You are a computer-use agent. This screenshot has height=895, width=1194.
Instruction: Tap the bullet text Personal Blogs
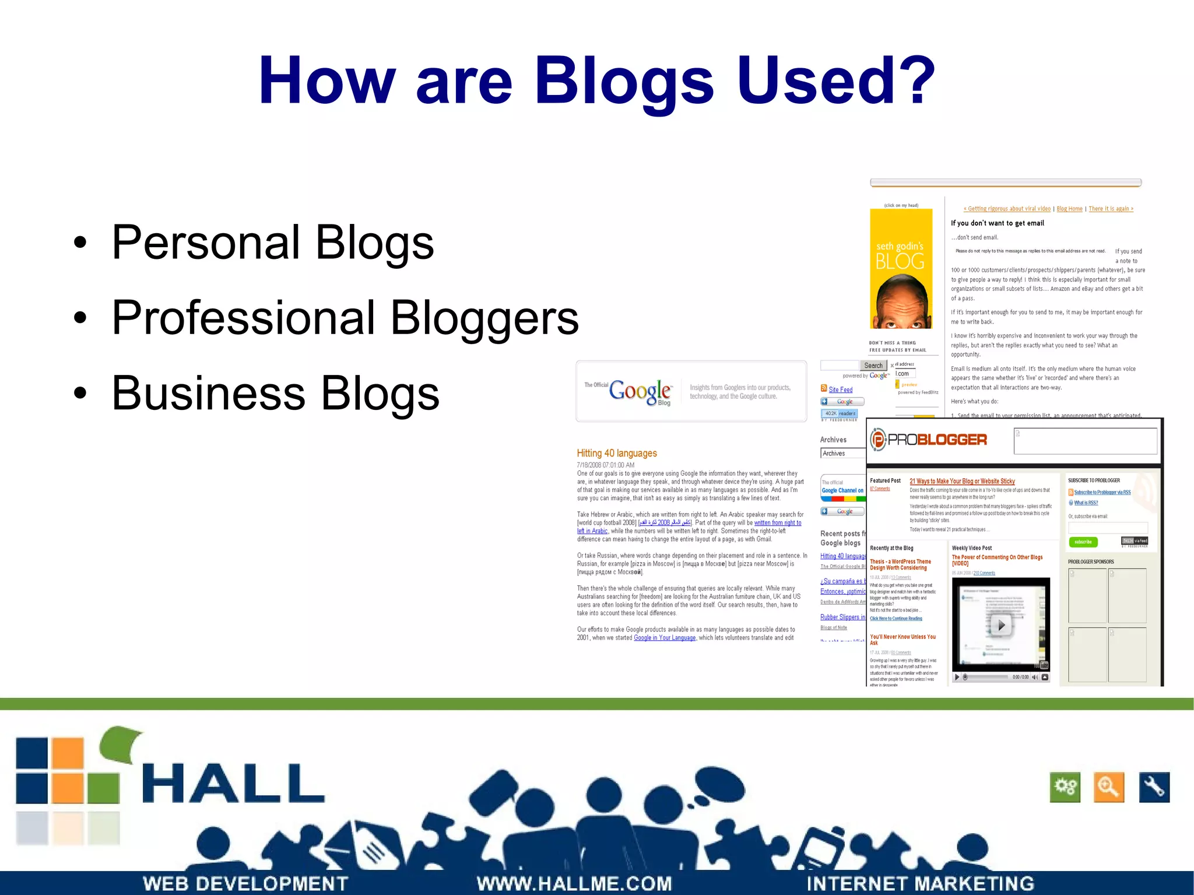272,243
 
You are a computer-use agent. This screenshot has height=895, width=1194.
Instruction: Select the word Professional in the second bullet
243,318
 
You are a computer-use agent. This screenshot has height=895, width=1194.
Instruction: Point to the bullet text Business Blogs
275,393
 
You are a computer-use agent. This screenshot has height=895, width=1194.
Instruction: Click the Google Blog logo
641,391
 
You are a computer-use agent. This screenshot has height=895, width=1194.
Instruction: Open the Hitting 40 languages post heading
616,453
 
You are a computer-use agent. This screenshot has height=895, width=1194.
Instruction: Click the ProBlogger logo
929,440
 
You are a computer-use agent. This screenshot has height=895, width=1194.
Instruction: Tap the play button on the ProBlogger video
1001,625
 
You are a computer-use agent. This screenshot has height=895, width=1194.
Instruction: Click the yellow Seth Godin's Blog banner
901,269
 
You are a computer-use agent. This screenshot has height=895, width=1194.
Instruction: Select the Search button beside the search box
873,366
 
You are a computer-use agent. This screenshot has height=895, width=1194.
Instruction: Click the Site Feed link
840,389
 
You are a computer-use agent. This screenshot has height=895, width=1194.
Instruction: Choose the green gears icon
1065,787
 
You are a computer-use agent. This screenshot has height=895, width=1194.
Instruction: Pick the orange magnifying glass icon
1108,787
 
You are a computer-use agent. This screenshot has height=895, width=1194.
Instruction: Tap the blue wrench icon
1154,787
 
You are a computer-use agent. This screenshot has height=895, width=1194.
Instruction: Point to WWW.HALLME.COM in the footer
574,883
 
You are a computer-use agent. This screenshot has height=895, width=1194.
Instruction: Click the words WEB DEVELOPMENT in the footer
245,883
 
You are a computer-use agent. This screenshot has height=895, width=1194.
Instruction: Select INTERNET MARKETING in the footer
920,883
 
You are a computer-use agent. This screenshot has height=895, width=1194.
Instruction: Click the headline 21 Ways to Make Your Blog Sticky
962,481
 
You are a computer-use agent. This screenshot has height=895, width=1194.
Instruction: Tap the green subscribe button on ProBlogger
1083,542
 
